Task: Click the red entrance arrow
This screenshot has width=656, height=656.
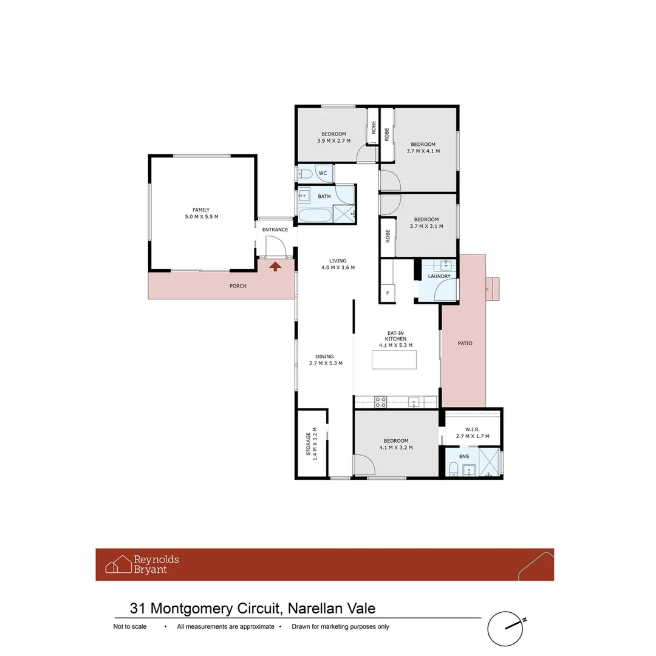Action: [275, 265]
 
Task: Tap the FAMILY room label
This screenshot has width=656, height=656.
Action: [201, 210]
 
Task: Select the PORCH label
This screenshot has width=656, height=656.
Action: [238, 286]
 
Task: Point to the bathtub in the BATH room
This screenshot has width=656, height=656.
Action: [315, 215]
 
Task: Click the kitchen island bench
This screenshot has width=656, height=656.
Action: [395, 360]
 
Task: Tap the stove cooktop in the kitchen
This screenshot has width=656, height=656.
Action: [380, 401]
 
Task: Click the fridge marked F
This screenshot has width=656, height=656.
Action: [388, 294]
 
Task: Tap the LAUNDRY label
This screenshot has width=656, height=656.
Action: [439, 276]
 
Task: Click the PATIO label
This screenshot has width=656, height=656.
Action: [465, 343]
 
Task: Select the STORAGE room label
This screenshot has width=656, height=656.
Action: [308, 443]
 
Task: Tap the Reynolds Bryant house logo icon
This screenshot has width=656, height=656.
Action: [118, 564]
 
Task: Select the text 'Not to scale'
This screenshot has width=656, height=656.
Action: [129, 627]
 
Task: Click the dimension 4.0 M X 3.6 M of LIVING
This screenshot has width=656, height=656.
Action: [338, 267]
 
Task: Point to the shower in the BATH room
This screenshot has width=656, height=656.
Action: [344, 214]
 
